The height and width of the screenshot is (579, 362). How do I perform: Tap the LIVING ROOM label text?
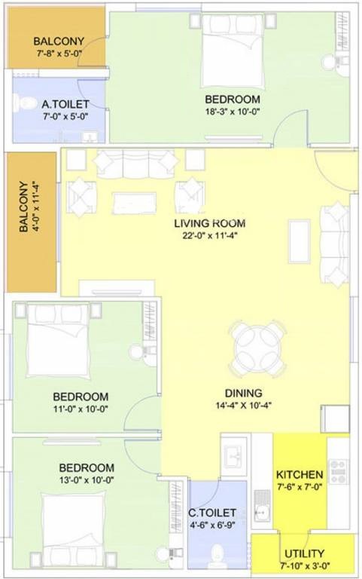(x=210, y=224)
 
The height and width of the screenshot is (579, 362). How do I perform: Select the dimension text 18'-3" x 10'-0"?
(x=233, y=112)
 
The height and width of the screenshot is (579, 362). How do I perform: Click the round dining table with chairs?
(x=259, y=348)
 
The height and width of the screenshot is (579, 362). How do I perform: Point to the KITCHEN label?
(x=300, y=475)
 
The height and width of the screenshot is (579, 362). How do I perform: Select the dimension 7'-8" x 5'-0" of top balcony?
(x=57, y=54)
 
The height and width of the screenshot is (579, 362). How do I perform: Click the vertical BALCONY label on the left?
(x=25, y=207)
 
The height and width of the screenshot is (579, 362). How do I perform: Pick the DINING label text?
(x=243, y=393)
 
